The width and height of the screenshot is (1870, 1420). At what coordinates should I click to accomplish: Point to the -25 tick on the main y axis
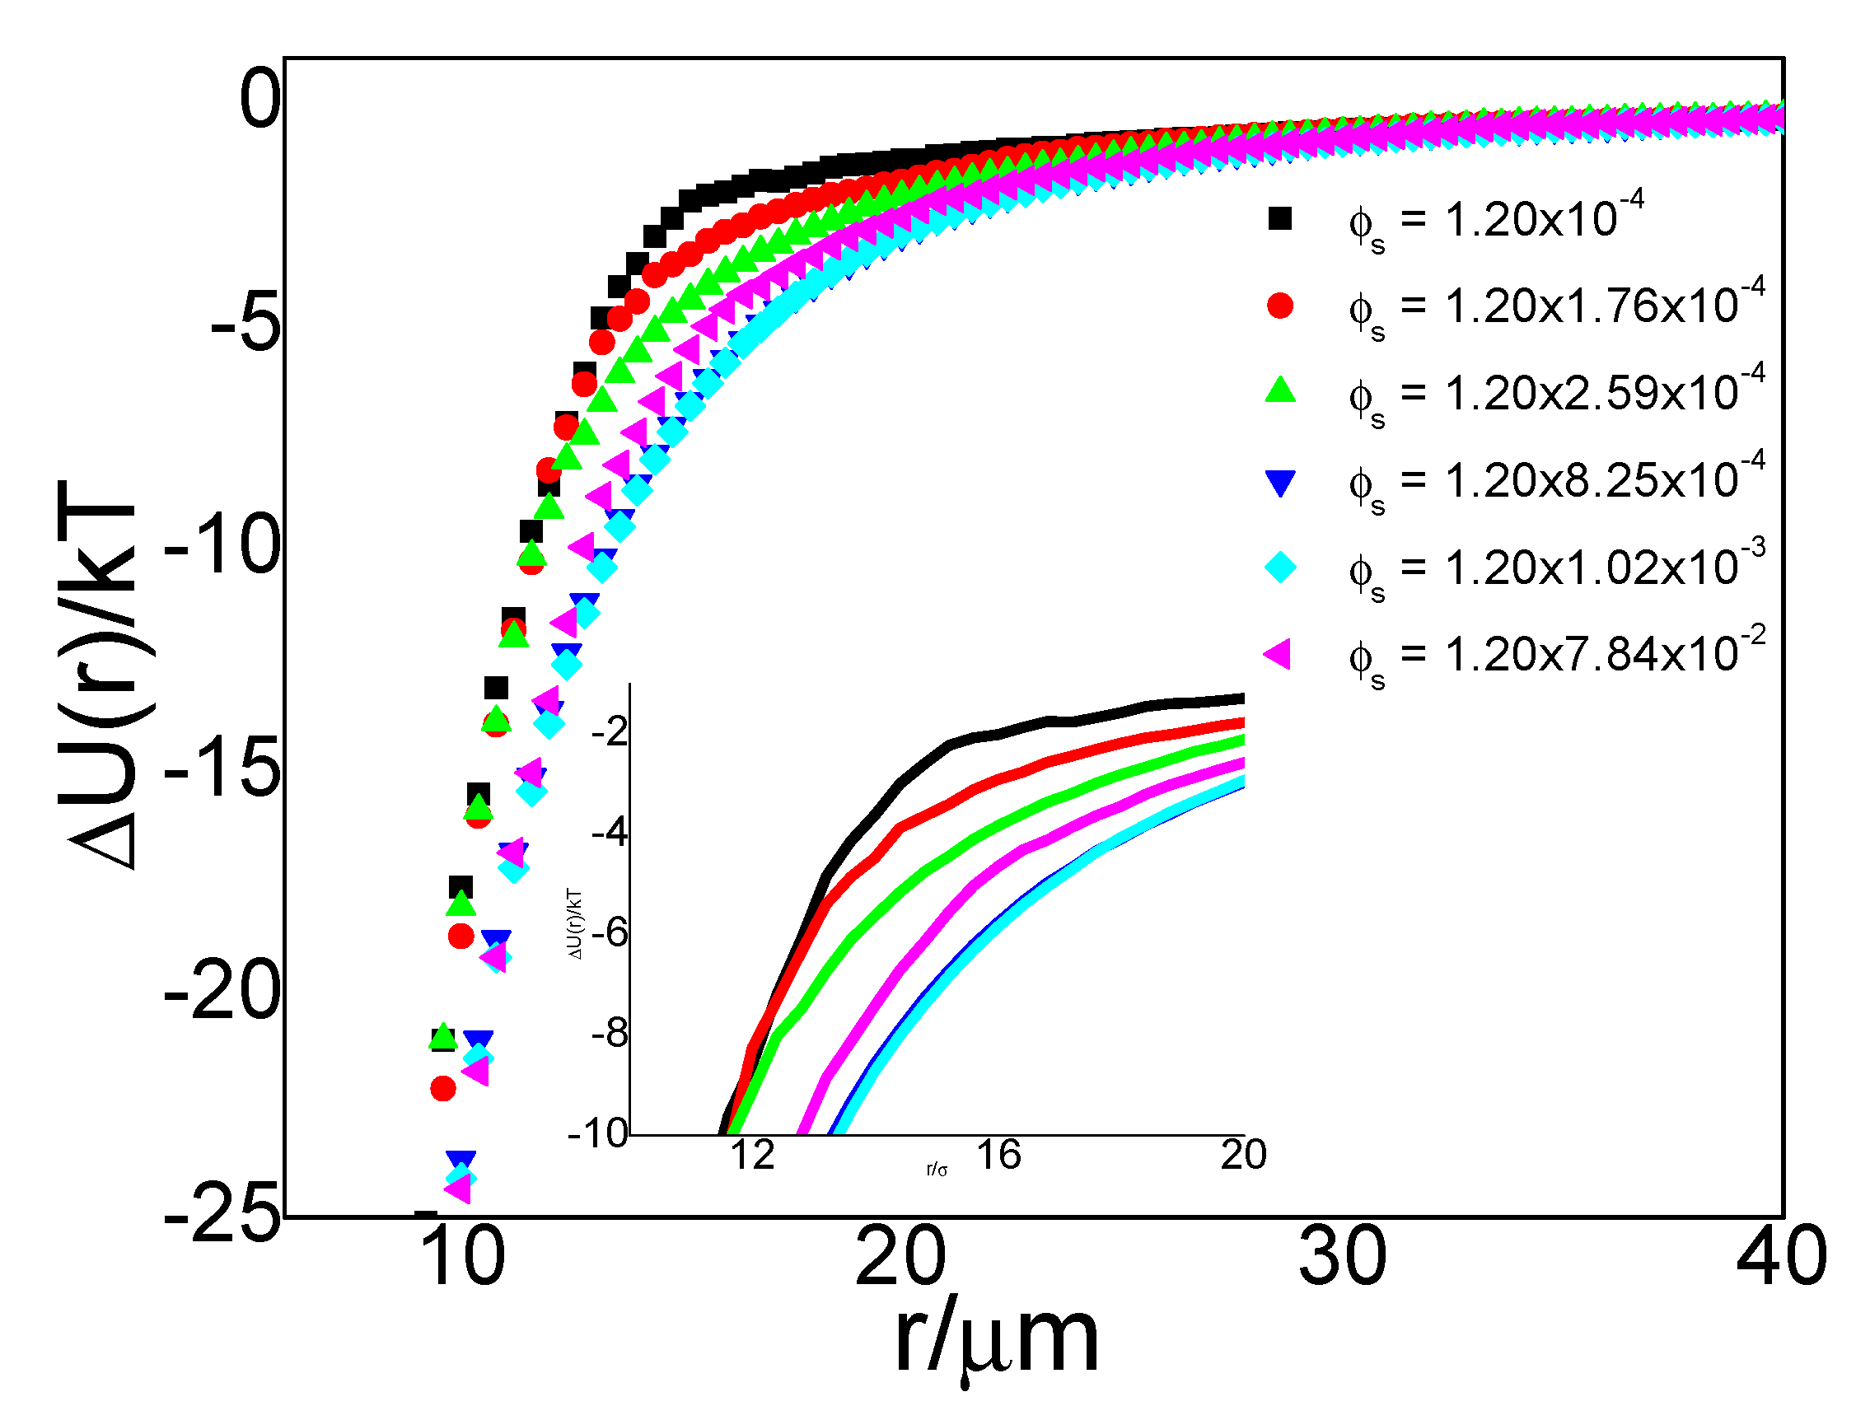[222, 1217]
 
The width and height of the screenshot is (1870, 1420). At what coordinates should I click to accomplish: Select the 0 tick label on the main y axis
[259, 100]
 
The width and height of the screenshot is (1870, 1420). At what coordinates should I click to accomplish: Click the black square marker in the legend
[1280, 219]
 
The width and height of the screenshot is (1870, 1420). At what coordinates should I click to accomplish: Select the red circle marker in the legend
[1280, 306]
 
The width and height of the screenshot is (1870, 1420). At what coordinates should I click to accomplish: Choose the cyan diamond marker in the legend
[1280, 567]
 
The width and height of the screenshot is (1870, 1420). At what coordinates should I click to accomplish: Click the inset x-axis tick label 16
[998, 1156]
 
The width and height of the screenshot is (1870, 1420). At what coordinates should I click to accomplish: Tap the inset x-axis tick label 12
[751, 1156]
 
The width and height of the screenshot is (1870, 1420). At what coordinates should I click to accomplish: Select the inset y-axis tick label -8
[610, 1034]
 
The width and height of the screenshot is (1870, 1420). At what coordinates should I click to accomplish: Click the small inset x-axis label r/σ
[937, 1170]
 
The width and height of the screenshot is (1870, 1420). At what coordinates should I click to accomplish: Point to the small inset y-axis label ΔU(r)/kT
[576, 925]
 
